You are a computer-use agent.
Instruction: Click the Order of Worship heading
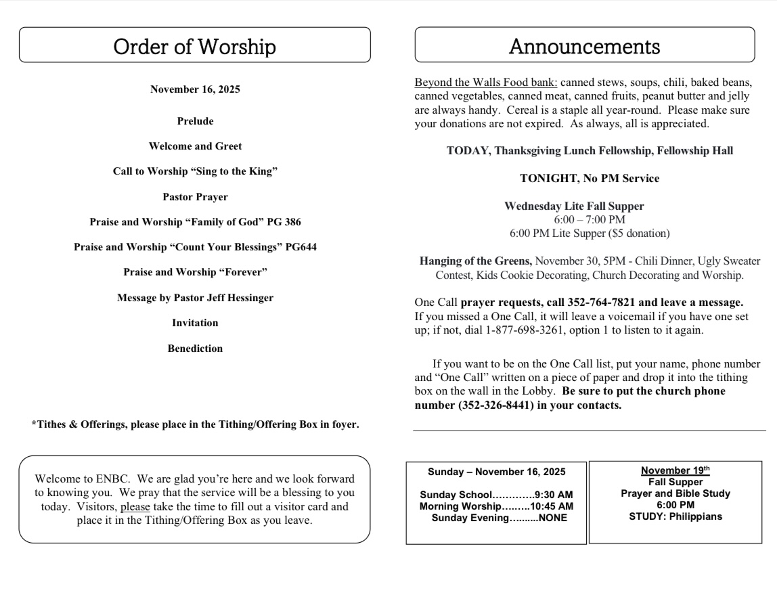click(x=195, y=46)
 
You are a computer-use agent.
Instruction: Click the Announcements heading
click(x=584, y=46)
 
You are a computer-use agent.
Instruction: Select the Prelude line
click(x=195, y=121)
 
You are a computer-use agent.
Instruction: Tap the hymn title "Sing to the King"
click(x=234, y=171)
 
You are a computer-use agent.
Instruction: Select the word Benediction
click(x=195, y=349)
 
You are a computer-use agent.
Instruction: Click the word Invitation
click(x=195, y=323)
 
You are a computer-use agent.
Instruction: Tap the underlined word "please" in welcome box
click(x=135, y=506)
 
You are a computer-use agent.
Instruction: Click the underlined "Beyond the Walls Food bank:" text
click(x=486, y=83)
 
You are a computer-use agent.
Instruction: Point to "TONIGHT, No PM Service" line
click(x=590, y=179)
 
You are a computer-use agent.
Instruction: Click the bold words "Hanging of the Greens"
click(x=476, y=261)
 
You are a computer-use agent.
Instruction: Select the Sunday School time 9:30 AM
click(x=554, y=495)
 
